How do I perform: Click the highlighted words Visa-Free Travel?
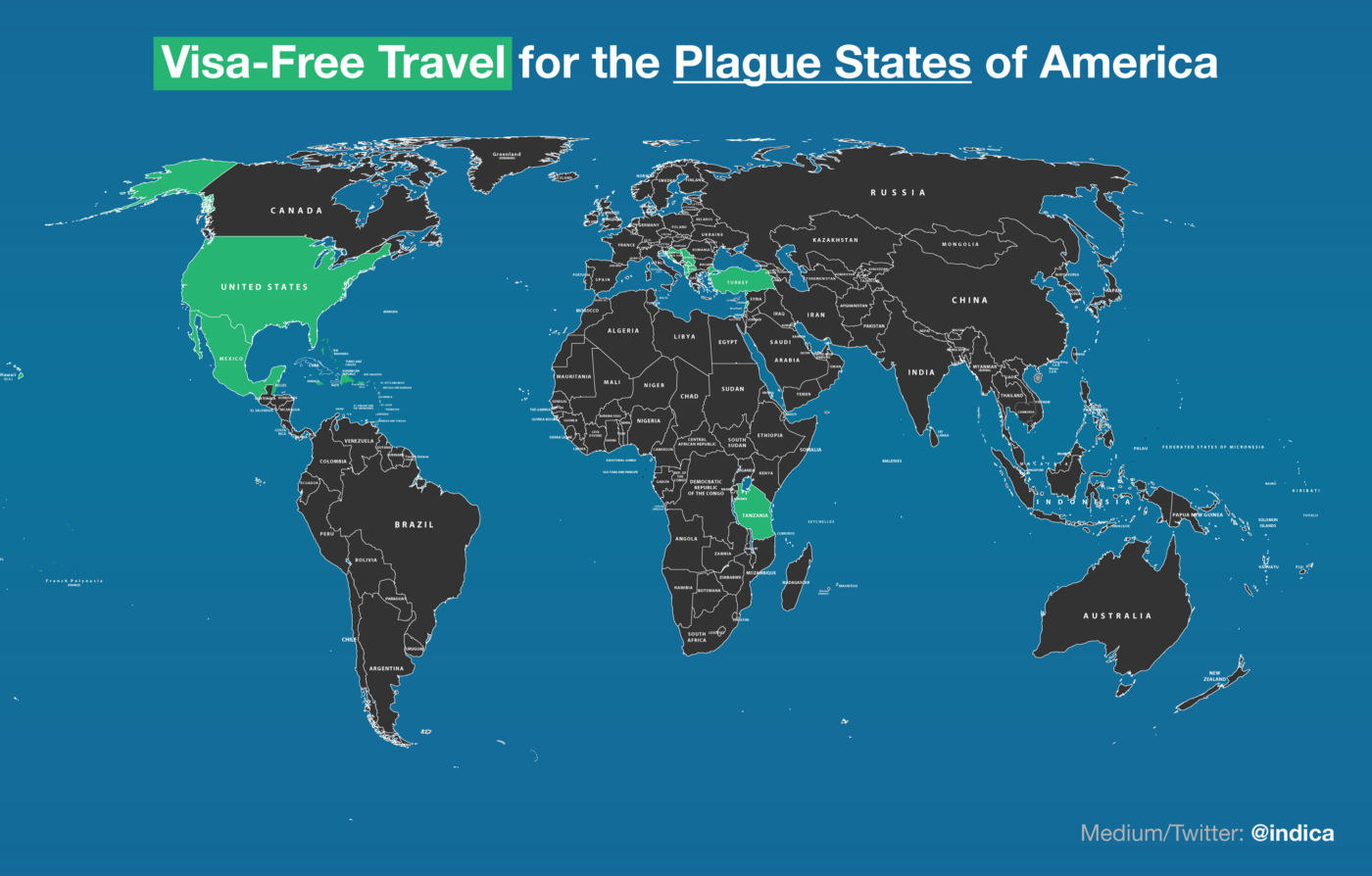[332, 63]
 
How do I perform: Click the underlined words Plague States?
[821, 63]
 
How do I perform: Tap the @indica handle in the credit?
[1292, 834]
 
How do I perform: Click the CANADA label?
[296, 211]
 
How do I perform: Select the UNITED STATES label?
[264, 287]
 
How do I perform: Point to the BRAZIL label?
[414, 525]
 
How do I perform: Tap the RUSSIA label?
[897, 193]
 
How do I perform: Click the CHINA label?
[969, 300]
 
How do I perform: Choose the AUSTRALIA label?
[1117, 616]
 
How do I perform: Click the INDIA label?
[921, 372]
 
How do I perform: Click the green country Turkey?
[737, 282]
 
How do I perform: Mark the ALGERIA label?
[623, 331]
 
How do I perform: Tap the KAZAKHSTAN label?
[835, 240]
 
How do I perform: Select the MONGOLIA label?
[960, 244]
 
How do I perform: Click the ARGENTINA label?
[386, 668]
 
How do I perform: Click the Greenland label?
[507, 155]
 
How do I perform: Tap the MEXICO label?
[230, 359]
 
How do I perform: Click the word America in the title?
[1127, 63]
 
